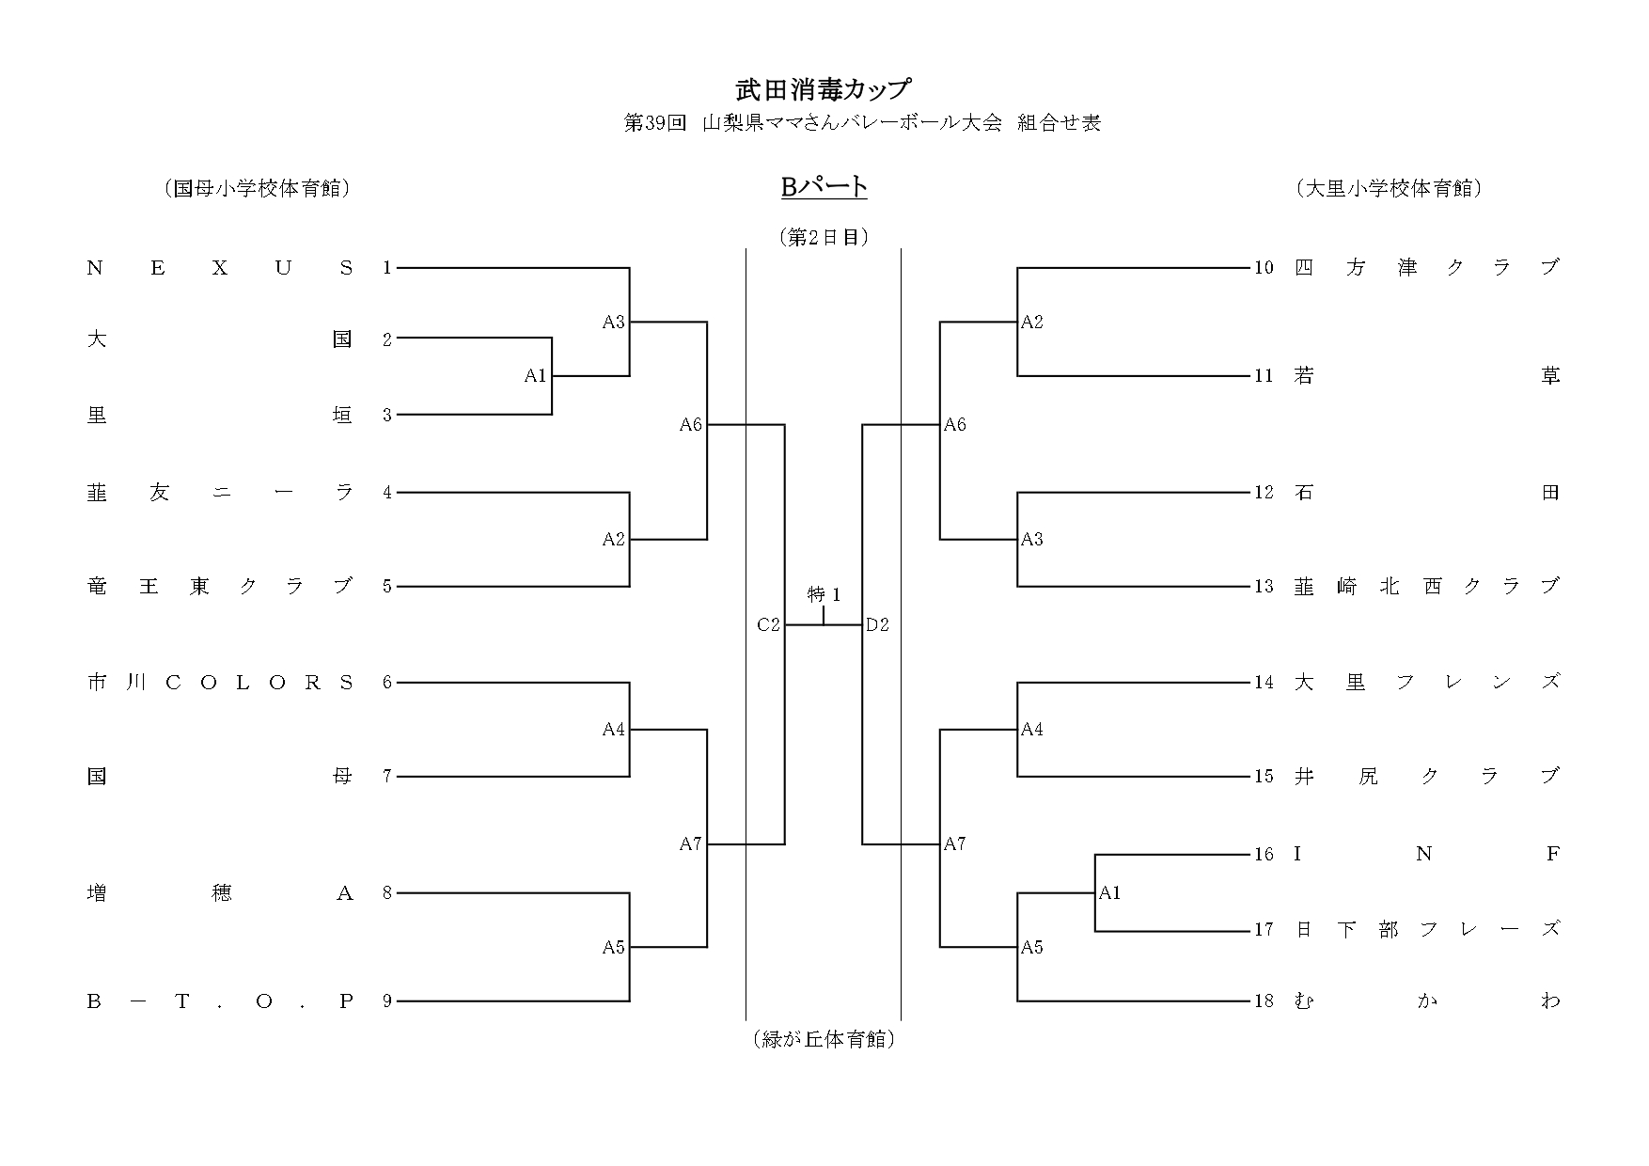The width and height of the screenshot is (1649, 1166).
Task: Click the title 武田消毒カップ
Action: pos(824,89)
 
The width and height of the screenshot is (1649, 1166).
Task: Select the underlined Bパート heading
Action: pos(824,187)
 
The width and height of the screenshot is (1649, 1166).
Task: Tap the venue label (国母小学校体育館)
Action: pos(257,188)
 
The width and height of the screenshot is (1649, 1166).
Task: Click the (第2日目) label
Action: pos(824,237)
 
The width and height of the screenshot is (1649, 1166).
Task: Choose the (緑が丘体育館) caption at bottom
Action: pos(824,1040)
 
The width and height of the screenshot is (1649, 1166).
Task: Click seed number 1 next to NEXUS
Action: pos(386,268)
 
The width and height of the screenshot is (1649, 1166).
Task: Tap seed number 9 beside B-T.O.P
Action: pos(386,1001)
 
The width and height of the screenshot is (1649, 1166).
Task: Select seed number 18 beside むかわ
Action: pos(1264,1001)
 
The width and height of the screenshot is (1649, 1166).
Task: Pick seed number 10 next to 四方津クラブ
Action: pos(1264,268)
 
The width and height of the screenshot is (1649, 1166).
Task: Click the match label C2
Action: pos(768,624)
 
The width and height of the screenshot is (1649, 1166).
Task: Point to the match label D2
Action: pos(877,624)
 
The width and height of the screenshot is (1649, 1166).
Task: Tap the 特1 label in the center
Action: pos(824,595)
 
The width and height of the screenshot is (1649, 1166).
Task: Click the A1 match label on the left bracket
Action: pos(535,376)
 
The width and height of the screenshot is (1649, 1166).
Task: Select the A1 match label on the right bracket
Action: pos(1110,892)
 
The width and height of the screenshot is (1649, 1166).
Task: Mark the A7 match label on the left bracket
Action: pos(691,844)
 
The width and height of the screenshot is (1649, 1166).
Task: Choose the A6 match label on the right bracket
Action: pos(955,425)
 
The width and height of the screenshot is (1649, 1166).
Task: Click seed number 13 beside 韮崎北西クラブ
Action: pos(1264,587)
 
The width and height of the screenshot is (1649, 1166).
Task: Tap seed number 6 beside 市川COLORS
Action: pos(386,683)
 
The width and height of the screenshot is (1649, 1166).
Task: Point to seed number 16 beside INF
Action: pos(1264,854)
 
